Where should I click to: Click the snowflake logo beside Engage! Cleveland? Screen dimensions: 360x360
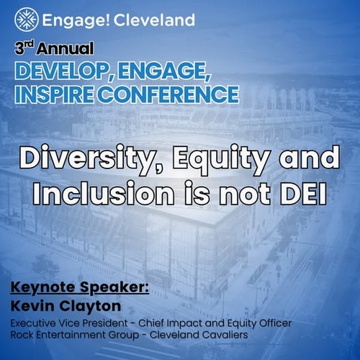(27, 19)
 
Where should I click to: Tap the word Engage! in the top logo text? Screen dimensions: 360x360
(76, 21)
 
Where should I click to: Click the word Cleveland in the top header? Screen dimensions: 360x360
(154, 19)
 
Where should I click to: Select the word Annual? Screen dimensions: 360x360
(65, 49)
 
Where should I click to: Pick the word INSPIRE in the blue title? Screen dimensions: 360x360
(54, 94)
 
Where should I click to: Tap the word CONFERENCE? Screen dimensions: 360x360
(168, 94)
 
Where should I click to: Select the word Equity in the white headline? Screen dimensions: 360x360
(220, 159)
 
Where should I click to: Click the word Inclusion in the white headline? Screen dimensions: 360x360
(103, 193)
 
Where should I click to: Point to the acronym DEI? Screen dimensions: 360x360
(302, 193)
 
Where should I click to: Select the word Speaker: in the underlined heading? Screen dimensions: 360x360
(114, 288)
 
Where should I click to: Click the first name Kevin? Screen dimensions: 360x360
(32, 306)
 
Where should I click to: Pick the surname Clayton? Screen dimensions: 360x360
(90, 307)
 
